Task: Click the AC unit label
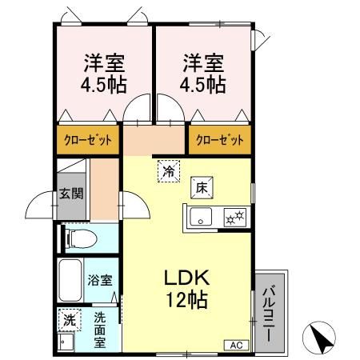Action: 237,345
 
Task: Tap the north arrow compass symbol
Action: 322,338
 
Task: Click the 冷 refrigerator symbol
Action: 170,170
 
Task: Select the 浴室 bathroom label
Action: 99,282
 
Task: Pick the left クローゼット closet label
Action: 88,140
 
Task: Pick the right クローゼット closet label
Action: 219,140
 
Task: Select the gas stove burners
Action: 234,215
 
